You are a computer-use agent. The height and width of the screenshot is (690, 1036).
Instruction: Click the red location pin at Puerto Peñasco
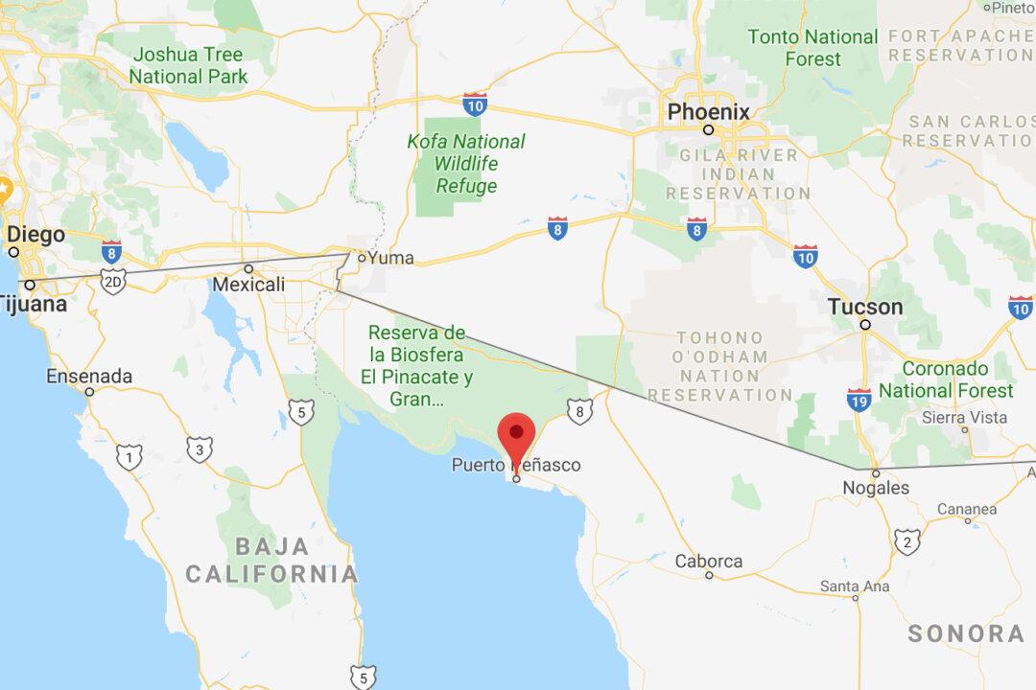[517, 436]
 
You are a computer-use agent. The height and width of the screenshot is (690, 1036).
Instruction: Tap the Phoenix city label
[708, 112]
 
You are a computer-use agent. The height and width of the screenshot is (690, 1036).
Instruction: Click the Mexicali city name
[248, 285]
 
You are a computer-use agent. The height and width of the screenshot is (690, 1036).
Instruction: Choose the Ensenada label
[89, 376]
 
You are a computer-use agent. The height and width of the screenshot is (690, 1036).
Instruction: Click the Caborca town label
[708, 561]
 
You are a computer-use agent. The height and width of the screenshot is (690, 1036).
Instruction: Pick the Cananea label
[967, 508]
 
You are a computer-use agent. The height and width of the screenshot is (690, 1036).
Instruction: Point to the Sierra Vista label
[964, 418]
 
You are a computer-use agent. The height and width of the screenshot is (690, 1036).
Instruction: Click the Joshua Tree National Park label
[188, 65]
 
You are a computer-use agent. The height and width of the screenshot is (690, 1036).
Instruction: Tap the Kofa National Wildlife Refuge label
[466, 164]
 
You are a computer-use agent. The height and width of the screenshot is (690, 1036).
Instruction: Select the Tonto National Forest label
[812, 48]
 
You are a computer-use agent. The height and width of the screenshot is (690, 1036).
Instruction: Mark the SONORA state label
[966, 633]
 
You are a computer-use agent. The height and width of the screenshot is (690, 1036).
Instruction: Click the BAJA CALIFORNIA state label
[271, 561]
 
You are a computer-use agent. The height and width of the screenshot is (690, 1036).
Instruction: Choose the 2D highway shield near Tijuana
[113, 285]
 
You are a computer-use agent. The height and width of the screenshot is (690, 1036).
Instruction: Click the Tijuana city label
[34, 305]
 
